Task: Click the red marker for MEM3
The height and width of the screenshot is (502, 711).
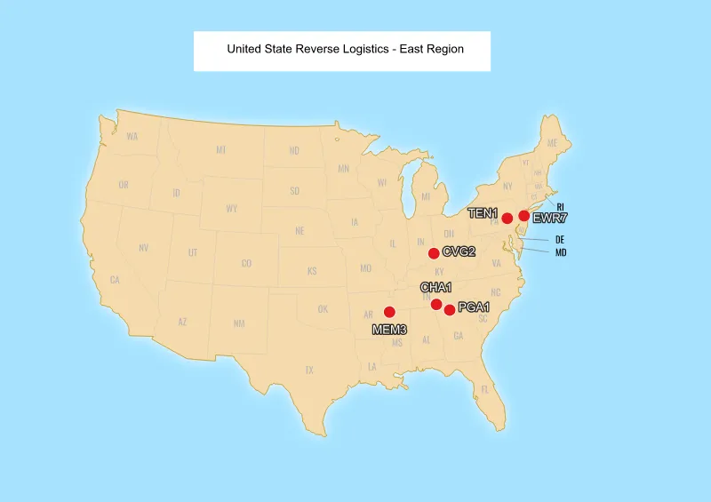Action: [x=389, y=312]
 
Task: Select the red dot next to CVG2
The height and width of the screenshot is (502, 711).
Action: [x=434, y=253]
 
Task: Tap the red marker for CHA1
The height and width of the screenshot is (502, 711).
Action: [x=436, y=305]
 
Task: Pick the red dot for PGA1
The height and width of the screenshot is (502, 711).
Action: [x=450, y=309]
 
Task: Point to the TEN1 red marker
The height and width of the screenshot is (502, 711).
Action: [x=507, y=219]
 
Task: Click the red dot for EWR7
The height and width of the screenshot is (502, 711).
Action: [x=524, y=216]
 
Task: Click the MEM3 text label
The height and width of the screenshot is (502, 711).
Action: [x=389, y=330]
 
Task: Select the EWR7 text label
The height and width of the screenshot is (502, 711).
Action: [x=550, y=219]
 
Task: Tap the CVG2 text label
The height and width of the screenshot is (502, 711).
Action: [x=459, y=252]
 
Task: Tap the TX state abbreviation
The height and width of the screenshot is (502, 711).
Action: [x=309, y=370]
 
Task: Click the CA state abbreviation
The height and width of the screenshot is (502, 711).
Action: [x=115, y=280]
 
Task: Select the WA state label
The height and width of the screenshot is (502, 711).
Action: [x=132, y=136]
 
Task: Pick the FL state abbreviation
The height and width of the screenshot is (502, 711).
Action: [x=485, y=389]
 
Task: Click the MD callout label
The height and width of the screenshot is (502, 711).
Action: [x=561, y=253]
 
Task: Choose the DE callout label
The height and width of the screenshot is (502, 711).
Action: [x=560, y=240]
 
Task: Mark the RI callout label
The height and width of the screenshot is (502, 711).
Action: [x=560, y=207]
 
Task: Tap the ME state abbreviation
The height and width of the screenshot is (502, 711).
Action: [x=552, y=143]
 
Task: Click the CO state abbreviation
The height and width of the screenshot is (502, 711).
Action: [x=246, y=263]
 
